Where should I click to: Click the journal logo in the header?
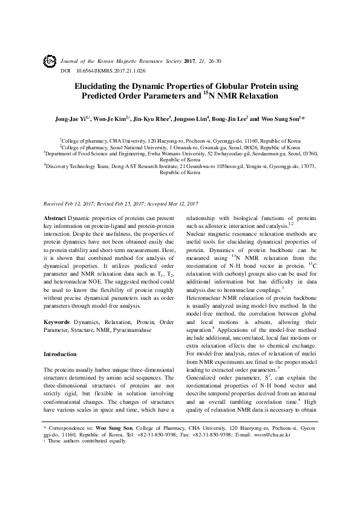(50, 62)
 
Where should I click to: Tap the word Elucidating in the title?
(98, 86)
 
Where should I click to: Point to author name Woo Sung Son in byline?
(282, 120)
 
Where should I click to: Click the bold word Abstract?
(55, 217)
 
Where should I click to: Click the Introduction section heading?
(61, 354)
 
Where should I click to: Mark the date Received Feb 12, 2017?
(71, 204)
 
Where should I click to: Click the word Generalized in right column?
(203, 377)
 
